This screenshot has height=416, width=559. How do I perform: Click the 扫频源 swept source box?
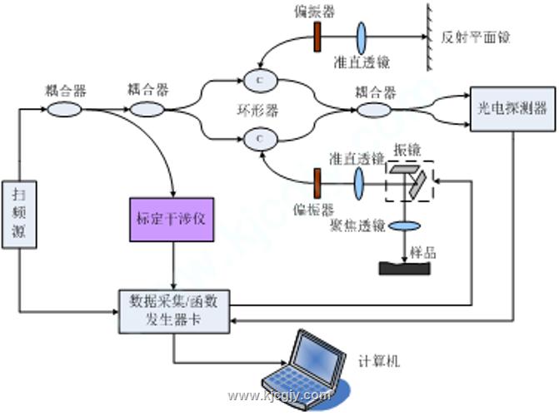(x=18, y=212)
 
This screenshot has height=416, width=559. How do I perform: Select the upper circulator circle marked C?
(x=259, y=81)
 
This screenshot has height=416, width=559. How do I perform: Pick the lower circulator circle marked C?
(x=259, y=134)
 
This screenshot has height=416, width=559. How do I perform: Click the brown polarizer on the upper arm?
(x=318, y=34)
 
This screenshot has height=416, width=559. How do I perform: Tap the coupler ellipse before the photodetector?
(x=375, y=108)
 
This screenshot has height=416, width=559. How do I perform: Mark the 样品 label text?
(x=424, y=251)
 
